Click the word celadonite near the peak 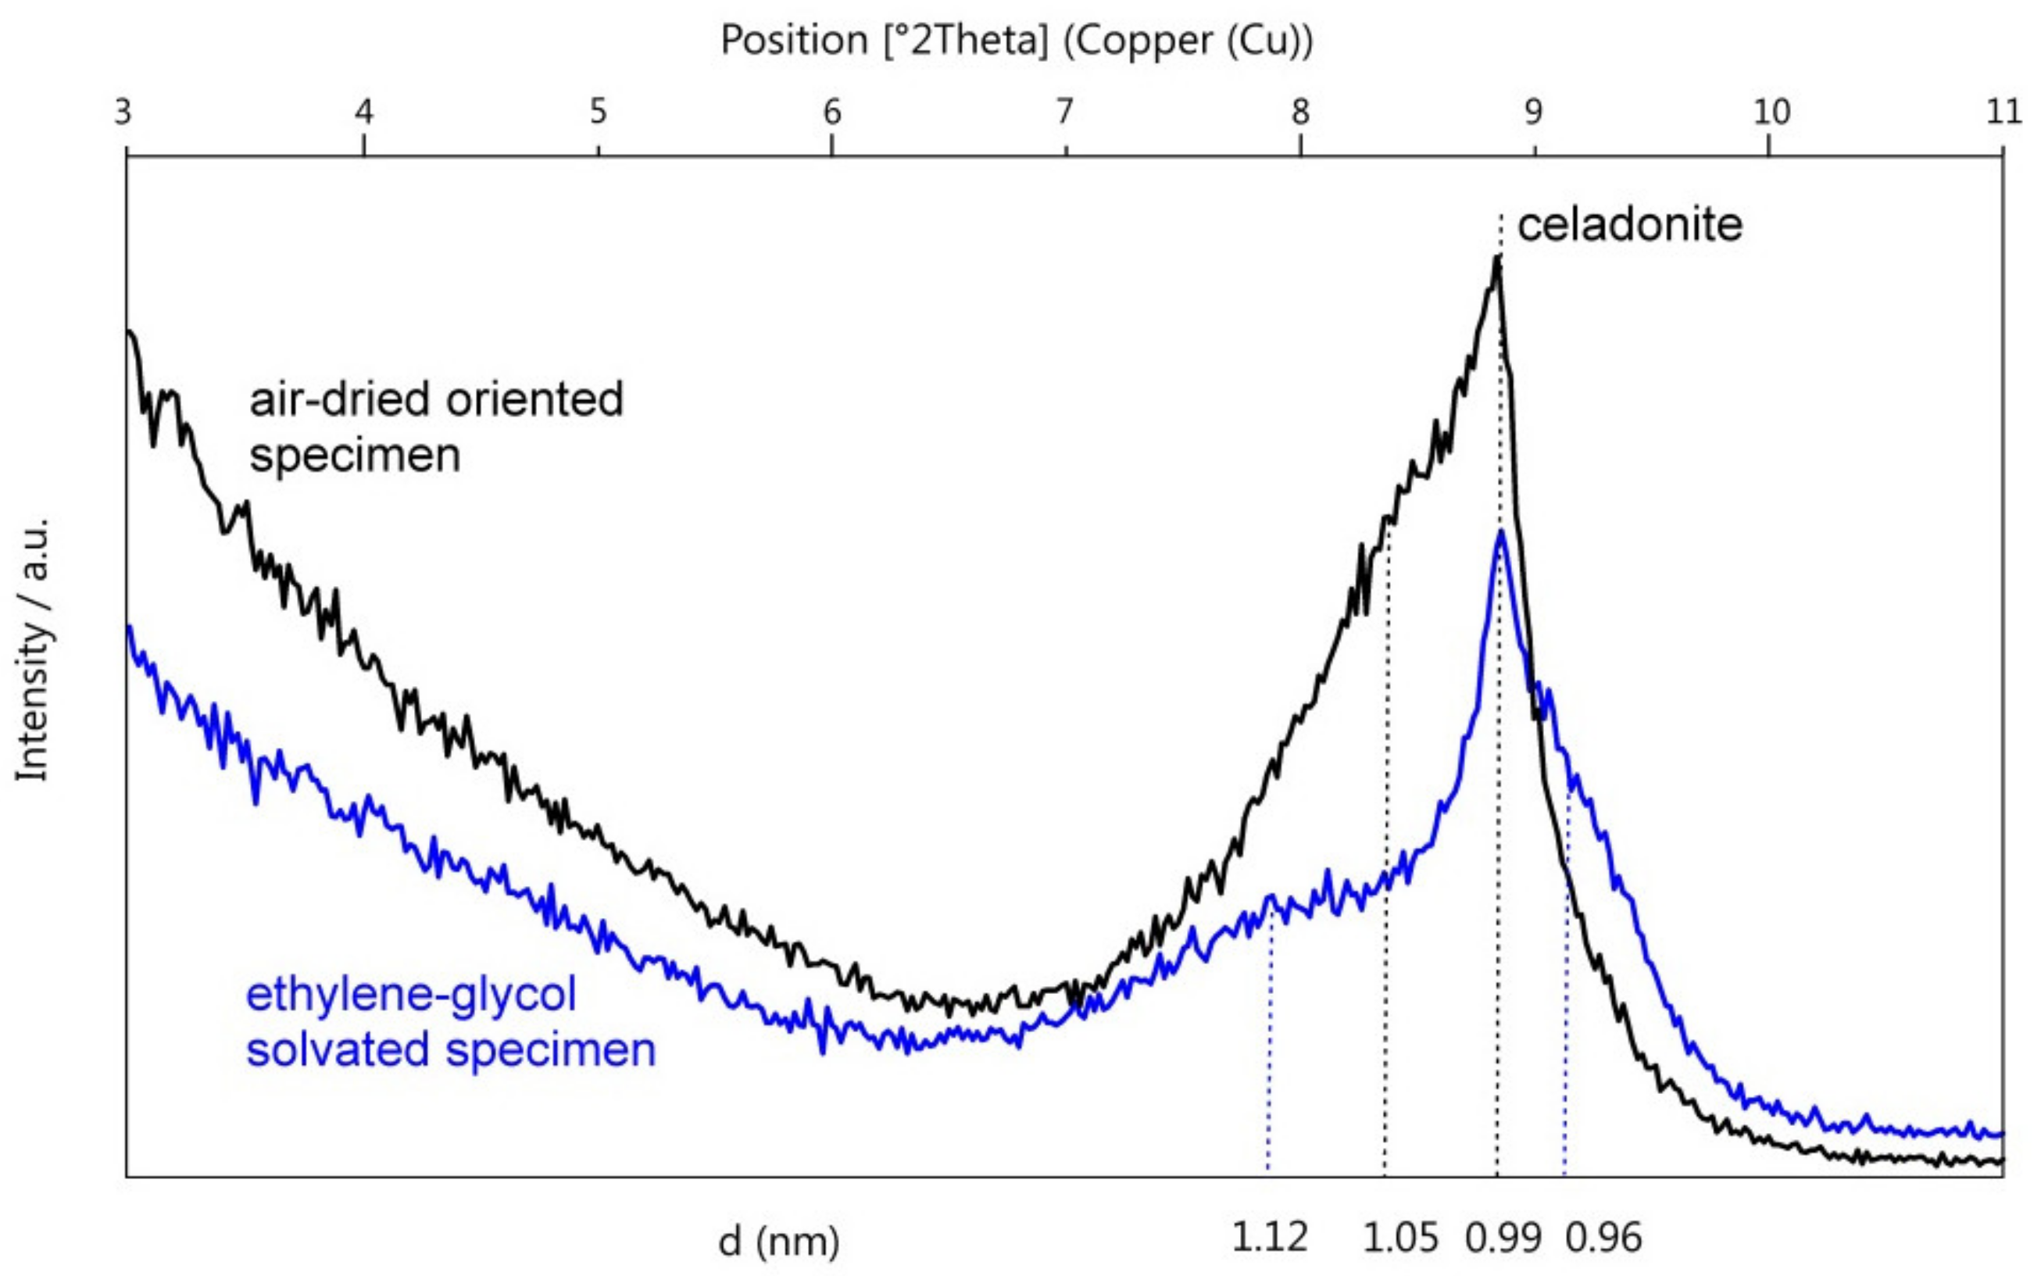point(1629,226)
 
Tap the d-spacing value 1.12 point(1269,1237)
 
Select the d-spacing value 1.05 point(1400,1237)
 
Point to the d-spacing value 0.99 point(1503,1238)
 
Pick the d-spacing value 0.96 point(1603,1238)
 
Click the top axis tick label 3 point(124,113)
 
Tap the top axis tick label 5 point(599,113)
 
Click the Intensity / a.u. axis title point(34,650)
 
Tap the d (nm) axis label point(779,1241)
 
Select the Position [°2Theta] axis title point(1017,41)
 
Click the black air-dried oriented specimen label point(435,427)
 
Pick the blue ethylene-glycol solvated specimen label point(451,1022)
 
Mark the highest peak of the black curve point(1497,258)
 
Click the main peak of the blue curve point(1500,531)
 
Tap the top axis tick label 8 point(1300,113)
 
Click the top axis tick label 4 point(363,113)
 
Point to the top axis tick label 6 point(832,113)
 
